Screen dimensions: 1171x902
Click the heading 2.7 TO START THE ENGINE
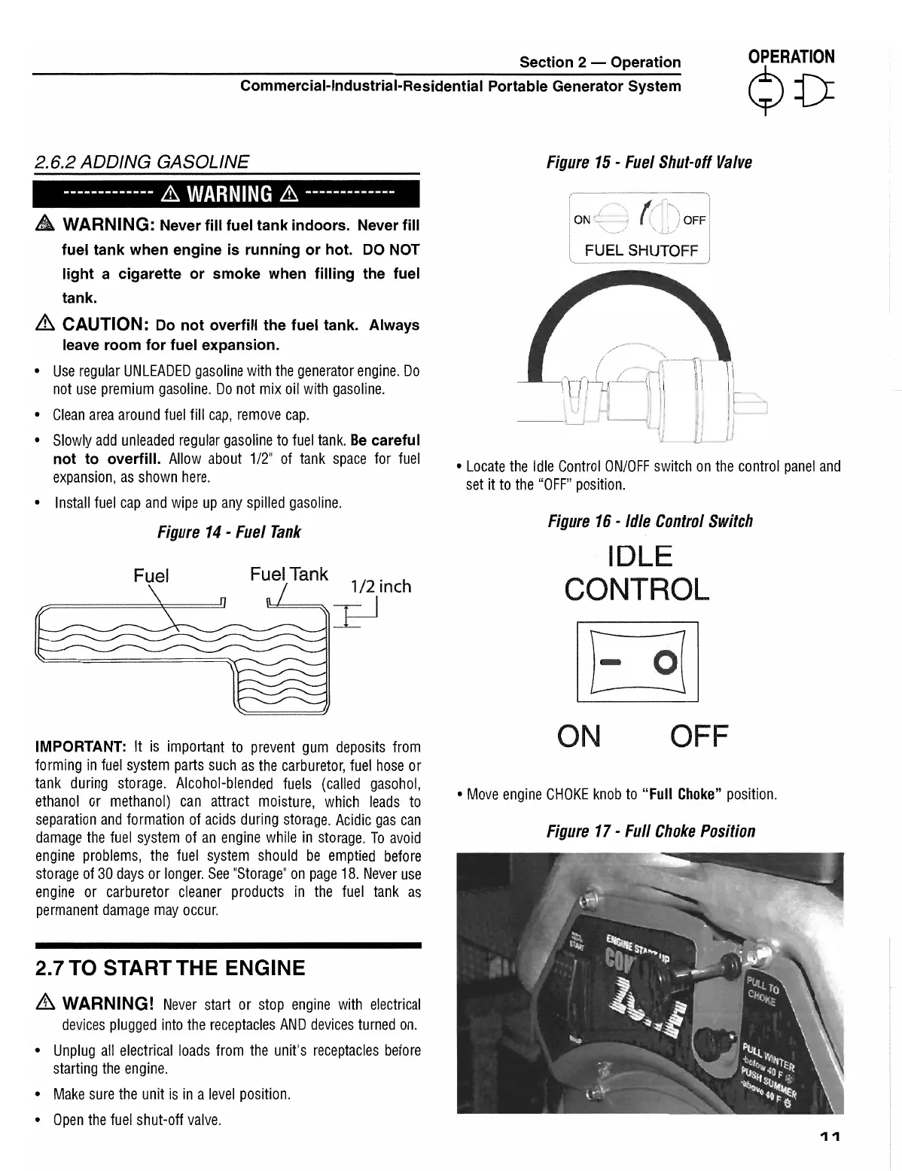click(170, 968)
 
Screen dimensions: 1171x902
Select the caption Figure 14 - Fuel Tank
click(228, 532)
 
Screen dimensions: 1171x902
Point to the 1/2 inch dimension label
click(381, 587)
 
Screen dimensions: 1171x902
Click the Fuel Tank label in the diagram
click(288, 575)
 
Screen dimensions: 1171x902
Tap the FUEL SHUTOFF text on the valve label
click(641, 251)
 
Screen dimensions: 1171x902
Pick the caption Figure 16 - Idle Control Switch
click(650, 521)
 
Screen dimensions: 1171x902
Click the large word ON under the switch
click(579, 736)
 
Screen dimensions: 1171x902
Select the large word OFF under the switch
click(699, 736)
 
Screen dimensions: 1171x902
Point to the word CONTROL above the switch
click(636, 590)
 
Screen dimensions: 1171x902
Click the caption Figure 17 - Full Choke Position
click(651, 831)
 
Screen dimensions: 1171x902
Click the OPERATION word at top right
click(791, 57)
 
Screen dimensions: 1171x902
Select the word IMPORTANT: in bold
click(81, 747)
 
